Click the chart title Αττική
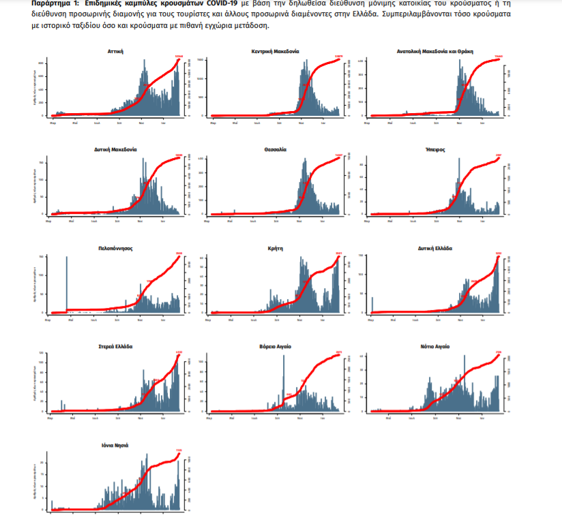115,51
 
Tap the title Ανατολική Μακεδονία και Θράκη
435,51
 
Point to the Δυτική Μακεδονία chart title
115,149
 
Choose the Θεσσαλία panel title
275,149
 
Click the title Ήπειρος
435,149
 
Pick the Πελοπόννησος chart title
115,249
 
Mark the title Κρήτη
275,249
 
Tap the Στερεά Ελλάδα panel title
115,347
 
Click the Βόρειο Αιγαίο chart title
275,347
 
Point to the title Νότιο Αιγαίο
435,347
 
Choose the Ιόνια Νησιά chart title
115,446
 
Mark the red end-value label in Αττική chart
179,56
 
